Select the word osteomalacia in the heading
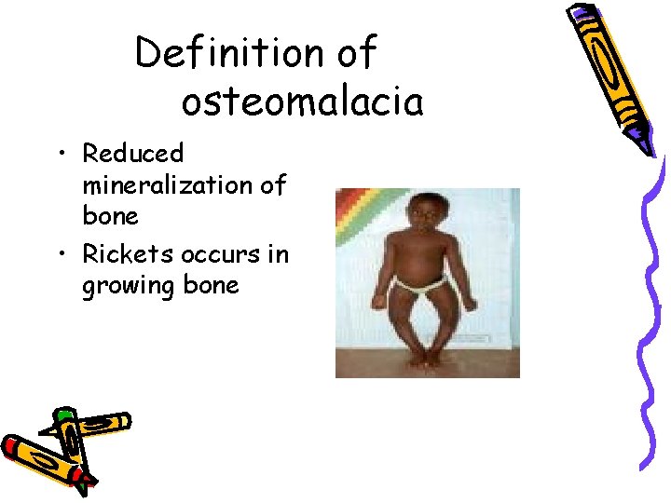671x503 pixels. click(x=302, y=102)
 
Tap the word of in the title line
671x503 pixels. click(x=355, y=54)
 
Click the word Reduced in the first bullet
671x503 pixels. click(x=133, y=153)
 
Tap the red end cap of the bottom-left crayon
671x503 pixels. click(x=11, y=445)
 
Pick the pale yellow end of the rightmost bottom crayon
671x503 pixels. click(x=121, y=422)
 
